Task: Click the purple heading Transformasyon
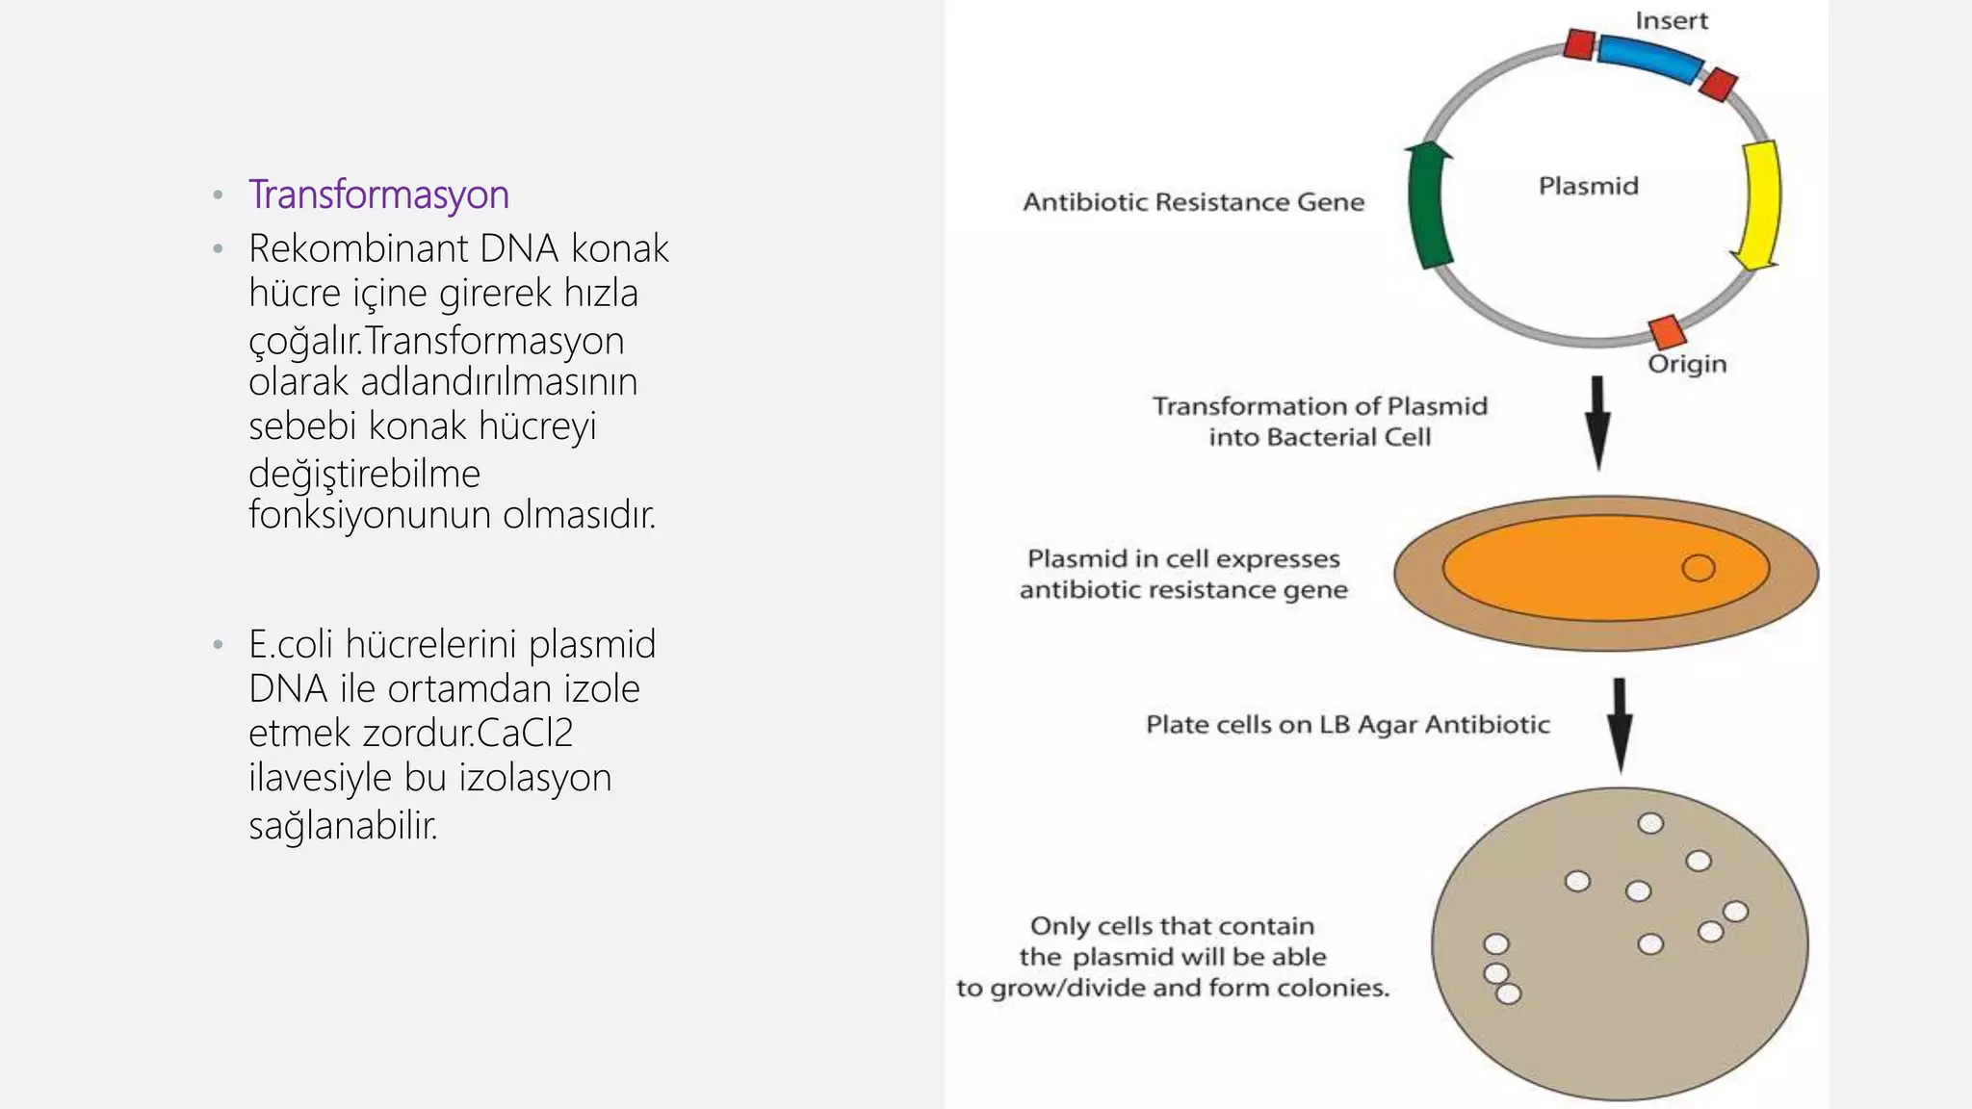tap(378, 194)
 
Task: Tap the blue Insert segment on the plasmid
tap(1648, 58)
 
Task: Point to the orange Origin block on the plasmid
tap(1668, 331)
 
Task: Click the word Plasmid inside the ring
tap(1588, 186)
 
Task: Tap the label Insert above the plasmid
tap(1671, 21)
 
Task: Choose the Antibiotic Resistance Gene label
tap(1193, 202)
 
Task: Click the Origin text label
tap(1687, 364)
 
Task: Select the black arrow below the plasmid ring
tap(1598, 422)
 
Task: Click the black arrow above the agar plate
tap(1621, 724)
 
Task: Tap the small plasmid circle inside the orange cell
tap(1699, 568)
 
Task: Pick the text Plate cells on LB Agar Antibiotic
tap(1347, 724)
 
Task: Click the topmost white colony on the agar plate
tap(1650, 823)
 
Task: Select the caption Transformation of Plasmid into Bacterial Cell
tap(1319, 422)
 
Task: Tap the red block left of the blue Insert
tap(1579, 44)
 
